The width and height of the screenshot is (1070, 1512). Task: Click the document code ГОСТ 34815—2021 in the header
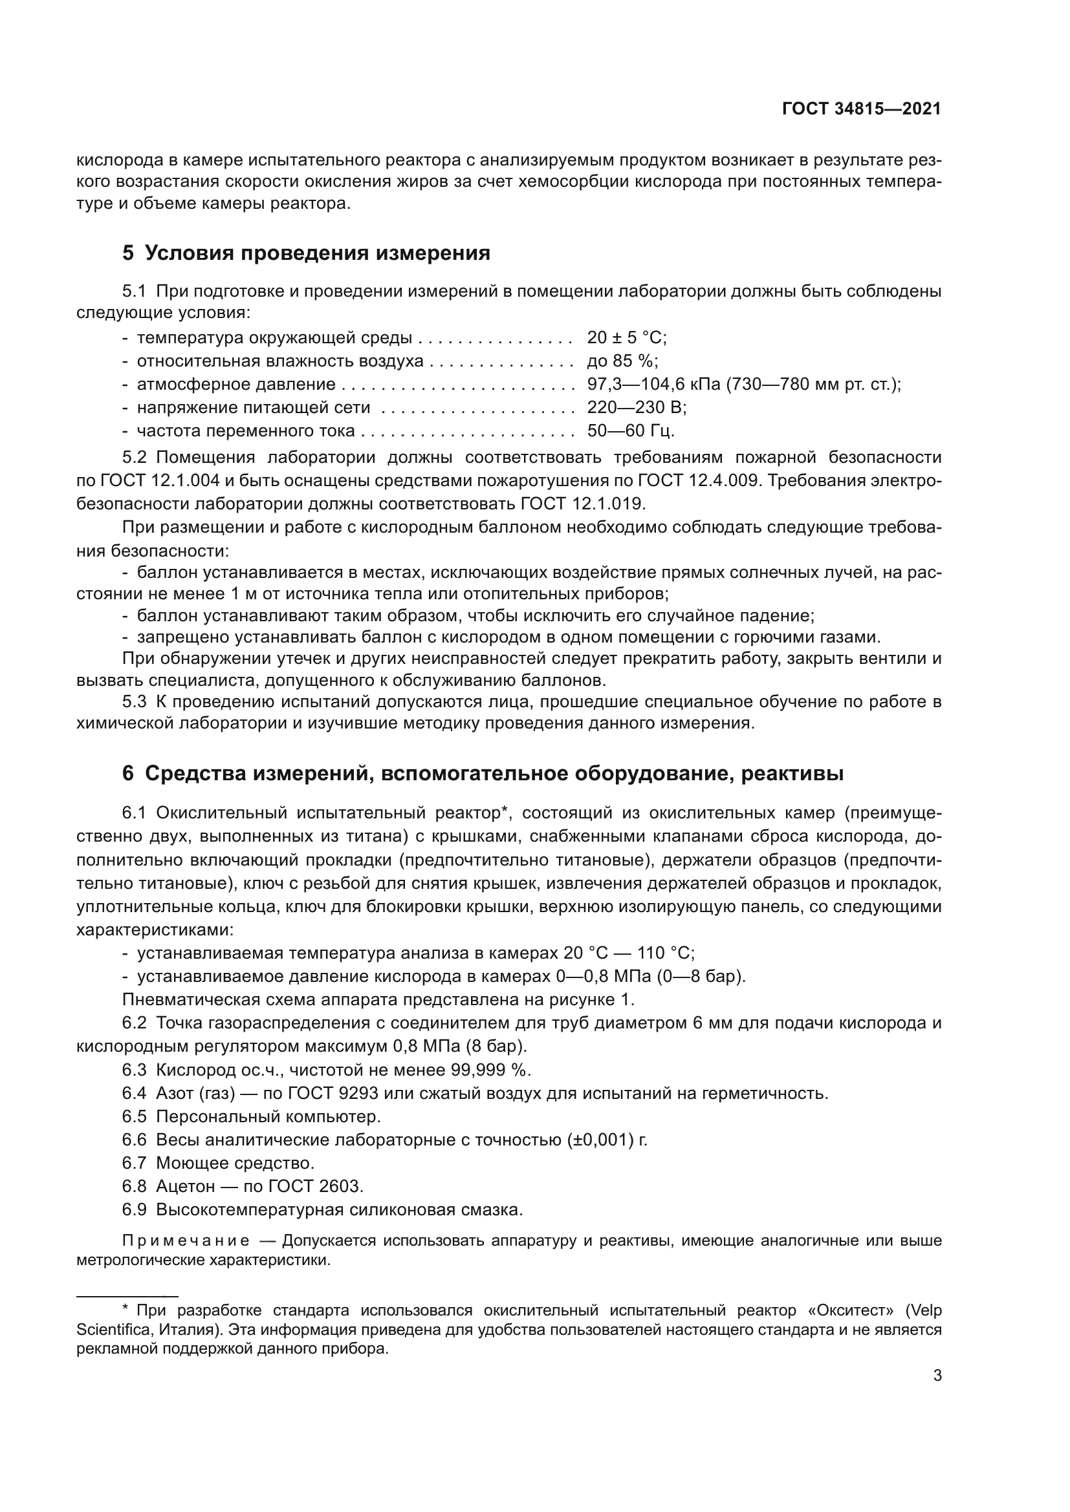(861, 109)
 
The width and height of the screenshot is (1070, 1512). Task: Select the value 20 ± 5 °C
(627, 338)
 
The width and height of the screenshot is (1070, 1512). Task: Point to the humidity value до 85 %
(622, 361)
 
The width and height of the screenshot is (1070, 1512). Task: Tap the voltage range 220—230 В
(637, 408)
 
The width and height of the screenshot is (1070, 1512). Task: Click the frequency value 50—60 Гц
(631, 431)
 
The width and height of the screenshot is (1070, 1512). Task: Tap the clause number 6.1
(135, 813)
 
